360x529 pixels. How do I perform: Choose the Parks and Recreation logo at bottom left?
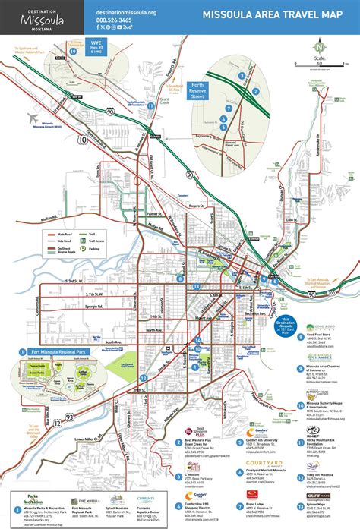28,501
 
